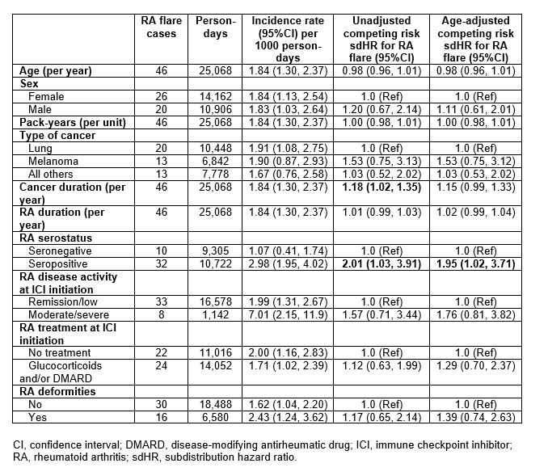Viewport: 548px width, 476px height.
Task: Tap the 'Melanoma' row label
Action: pyautogui.click(x=51, y=161)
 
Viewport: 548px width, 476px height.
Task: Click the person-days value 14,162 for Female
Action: pyautogui.click(x=216, y=96)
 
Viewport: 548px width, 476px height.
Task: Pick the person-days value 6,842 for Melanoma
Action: pyautogui.click(x=216, y=161)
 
